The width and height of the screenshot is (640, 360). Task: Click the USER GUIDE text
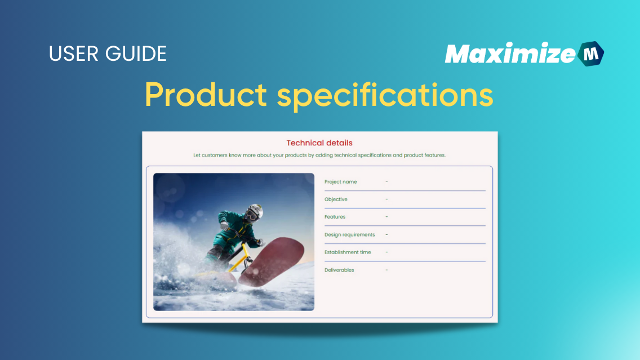[x=108, y=54]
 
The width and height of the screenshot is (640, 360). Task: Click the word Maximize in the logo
[x=510, y=54]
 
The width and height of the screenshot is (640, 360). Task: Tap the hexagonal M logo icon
[x=590, y=54]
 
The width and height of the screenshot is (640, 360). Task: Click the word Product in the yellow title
[x=206, y=95]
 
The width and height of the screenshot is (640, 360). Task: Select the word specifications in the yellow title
[x=385, y=95]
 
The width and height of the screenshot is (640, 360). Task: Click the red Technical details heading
[x=319, y=143]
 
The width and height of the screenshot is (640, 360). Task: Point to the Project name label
[x=340, y=182]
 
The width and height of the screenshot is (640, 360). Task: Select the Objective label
[x=336, y=199]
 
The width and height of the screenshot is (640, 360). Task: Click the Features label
[x=335, y=217]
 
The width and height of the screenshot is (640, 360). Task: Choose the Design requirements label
[x=349, y=235]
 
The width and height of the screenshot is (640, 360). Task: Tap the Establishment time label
[x=348, y=252]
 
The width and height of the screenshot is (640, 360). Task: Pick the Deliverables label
[x=339, y=270]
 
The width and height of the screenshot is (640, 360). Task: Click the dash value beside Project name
[x=386, y=182]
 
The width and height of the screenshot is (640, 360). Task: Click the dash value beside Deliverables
[x=386, y=270]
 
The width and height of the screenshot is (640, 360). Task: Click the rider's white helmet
[x=255, y=209]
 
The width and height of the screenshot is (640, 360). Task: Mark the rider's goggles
[x=254, y=214]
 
